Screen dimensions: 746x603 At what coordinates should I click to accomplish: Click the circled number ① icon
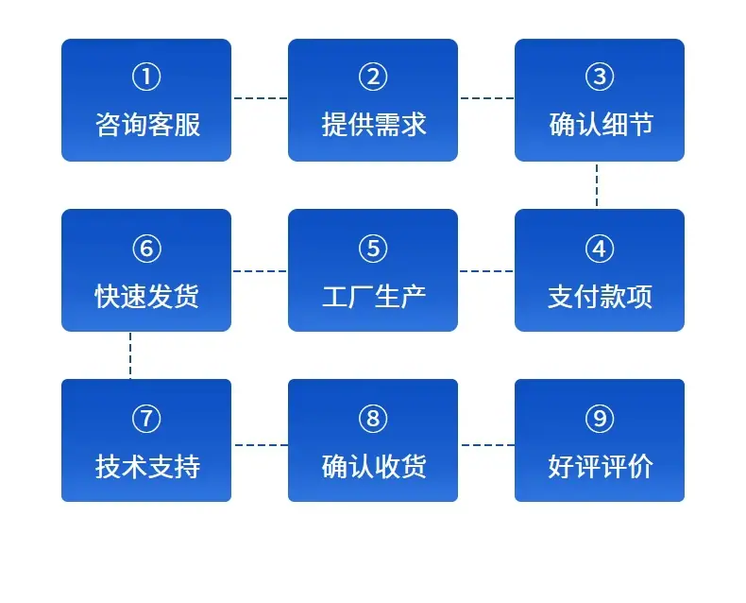pos(146,77)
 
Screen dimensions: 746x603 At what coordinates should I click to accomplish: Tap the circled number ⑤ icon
pos(373,249)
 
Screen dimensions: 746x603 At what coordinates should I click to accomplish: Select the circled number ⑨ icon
pos(600,419)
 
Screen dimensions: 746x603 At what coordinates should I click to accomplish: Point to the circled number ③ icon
pos(600,77)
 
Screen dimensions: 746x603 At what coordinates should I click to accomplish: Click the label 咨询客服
pos(147,125)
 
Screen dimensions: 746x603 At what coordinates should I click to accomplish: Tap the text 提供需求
pos(374,125)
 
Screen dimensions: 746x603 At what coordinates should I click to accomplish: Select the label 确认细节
pos(601,125)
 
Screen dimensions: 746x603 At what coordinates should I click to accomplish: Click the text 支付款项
pos(600,296)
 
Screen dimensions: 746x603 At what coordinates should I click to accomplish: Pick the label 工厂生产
pos(374,296)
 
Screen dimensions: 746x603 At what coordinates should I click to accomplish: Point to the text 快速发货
pos(147,296)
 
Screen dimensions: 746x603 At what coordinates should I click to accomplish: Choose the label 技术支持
pos(147,466)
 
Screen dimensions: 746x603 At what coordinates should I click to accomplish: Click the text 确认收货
pos(374,466)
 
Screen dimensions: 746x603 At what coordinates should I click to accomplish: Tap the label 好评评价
pos(601,466)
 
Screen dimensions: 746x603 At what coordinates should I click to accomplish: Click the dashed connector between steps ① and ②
pos(261,98)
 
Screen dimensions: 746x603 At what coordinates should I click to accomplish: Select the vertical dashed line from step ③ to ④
pos(597,185)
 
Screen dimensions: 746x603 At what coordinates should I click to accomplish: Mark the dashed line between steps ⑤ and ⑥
pos(260,271)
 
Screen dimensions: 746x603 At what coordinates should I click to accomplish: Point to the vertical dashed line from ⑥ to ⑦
pos(130,355)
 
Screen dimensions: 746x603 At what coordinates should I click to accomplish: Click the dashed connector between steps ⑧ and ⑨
pos(487,445)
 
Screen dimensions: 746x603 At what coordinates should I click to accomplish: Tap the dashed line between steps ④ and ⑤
pos(486,271)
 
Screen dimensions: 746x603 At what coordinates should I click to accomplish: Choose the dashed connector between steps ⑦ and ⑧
pos(262,445)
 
